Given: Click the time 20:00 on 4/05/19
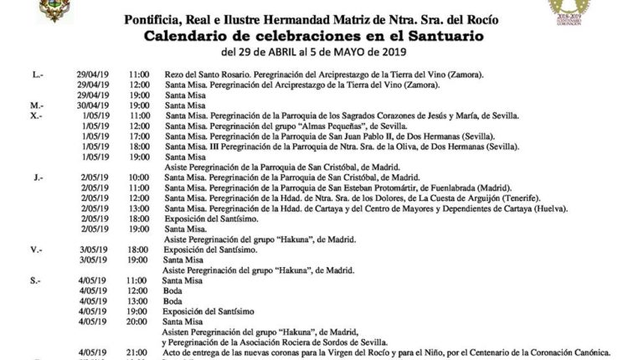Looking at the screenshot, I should (x=141, y=320).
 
